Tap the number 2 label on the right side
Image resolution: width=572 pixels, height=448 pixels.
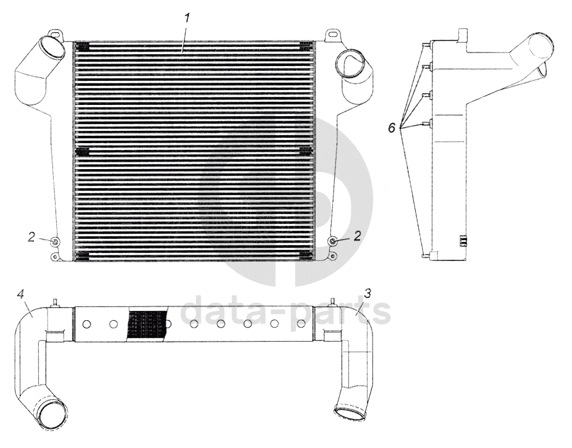click(x=356, y=235)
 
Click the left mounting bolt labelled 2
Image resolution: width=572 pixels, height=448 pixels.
click(x=55, y=241)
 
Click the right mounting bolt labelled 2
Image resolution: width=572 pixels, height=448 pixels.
click(x=334, y=240)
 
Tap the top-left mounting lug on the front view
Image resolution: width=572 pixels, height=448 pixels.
click(x=55, y=31)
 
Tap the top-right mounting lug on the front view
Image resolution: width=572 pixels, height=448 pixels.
click(x=332, y=31)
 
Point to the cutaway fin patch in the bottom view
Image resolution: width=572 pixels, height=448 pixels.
click(x=148, y=323)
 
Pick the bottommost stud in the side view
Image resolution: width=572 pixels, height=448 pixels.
click(x=425, y=254)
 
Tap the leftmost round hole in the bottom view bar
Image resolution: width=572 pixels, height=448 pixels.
click(x=87, y=324)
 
